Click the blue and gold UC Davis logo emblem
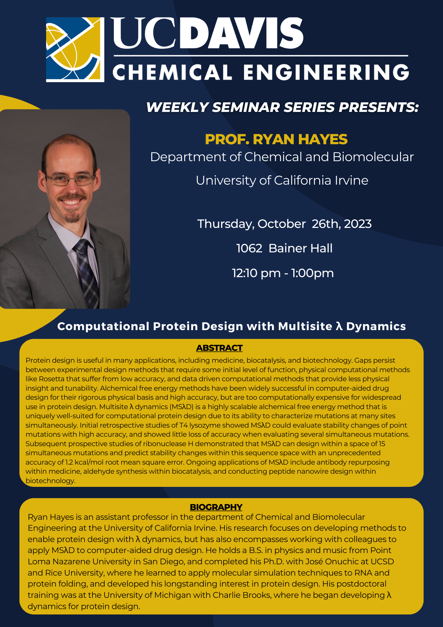[75, 50]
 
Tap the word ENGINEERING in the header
[326, 72]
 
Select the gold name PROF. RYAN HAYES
[276, 139]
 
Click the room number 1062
[249, 248]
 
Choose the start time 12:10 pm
[256, 273]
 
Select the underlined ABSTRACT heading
[219, 348]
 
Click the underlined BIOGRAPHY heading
[216, 507]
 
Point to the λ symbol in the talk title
[339, 326]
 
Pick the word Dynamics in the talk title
[376, 326]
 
